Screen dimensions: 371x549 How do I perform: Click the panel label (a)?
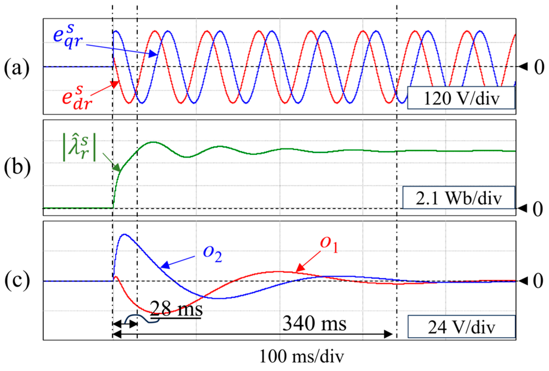pyautogui.click(x=17, y=67)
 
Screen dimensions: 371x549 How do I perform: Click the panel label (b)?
pyautogui.click(x=17, y=167)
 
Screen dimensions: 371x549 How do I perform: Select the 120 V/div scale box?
pyautogui.click(x=461, y=98)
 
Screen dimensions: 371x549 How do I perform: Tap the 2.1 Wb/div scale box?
pyautogui.click(x=458, y=198)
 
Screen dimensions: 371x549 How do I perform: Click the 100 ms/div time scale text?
pyautogui.click(x=301, y=357)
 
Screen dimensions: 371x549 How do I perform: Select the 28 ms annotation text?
pyautogui.click(x=176, y=309)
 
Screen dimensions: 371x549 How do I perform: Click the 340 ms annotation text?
pyautogui.click(x=314, y=323)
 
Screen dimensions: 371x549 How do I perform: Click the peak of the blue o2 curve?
pyautogui.click(x=124, y=234)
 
